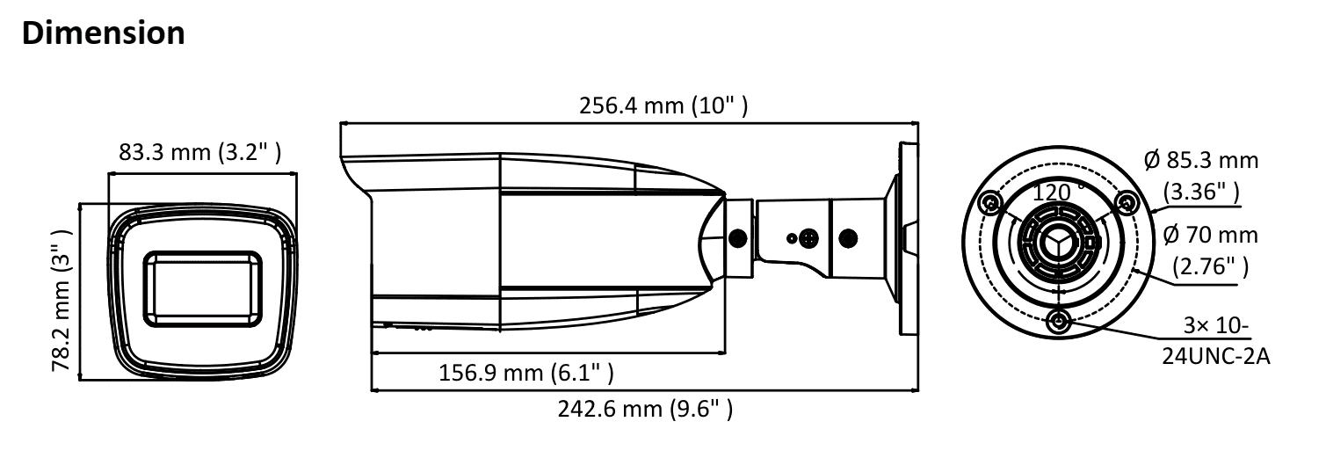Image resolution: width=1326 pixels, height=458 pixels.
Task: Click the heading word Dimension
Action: click(x=102, y=32)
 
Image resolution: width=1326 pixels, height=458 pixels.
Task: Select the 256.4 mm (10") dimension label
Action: click(x=663, y=106)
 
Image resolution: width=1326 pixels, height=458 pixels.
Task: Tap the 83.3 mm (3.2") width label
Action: click(x=199, y=152)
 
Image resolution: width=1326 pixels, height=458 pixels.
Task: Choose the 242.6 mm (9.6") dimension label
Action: click(x=646, y=409)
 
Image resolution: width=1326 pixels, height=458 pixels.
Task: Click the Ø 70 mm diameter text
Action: click(x=1209, y=236)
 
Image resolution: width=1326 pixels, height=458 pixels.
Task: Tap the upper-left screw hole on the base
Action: click(x=991, y=203)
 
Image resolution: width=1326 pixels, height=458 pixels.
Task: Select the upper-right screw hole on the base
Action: click(x=1124, y=203)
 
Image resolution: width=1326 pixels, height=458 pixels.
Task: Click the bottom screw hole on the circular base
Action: click(x=1058, y=321)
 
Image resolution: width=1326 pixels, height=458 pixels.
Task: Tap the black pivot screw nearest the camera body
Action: click(x=739, y=237)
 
